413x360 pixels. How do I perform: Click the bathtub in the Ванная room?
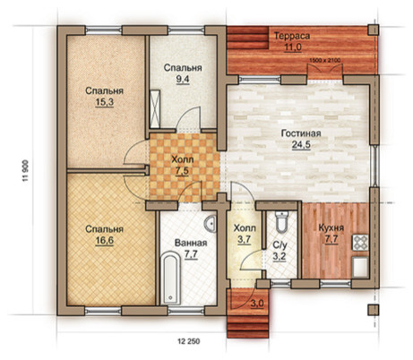(170, 279)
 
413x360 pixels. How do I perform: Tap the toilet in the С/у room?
(281, 222)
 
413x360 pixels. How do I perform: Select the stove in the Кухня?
(360, 243)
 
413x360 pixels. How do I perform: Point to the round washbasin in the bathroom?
(211, 224)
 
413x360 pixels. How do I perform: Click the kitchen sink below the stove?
(360, 266)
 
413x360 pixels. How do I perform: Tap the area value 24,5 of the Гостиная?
(301, 145)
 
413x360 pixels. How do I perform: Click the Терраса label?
(292, 36)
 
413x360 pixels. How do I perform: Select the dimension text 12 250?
(189, 341)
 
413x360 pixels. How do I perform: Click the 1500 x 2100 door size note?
(324, 60)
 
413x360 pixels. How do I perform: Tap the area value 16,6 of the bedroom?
(104, 241)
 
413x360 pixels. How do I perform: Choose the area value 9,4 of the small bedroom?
(183, 80)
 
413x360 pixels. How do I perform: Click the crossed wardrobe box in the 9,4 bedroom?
(155, 108)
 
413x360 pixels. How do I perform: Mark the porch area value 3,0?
(257, 304)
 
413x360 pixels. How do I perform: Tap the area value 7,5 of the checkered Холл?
(182, 171)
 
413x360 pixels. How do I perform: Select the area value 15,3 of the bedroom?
(104, 102)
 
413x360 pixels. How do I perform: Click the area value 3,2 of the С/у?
(280, 257)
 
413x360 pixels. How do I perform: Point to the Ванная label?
(191, 243)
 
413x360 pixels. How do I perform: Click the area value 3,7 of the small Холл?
(245, 240)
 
